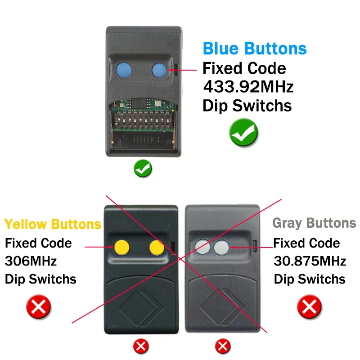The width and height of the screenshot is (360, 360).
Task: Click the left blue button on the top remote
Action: (x=124, y=70)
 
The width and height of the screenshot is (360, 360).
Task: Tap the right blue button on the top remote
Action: (x=159, y=70)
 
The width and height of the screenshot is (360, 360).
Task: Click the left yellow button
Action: (x=121, y=247)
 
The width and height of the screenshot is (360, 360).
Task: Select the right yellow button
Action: (x=157, y=247)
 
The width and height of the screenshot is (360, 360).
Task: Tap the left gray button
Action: (x=202, y=247)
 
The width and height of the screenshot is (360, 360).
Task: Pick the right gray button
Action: (x=221, y=248)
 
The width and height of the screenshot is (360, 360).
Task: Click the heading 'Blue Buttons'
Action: (x=255, y=49)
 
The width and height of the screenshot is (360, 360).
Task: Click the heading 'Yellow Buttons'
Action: (x=53, y=224)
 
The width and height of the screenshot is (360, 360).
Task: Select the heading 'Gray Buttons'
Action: (x=314, y=223)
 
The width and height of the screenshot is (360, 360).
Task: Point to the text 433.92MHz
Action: (x=248, y=87)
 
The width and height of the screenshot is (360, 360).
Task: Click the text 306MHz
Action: (x=31, y=261)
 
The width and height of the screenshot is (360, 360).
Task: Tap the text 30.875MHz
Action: (x=310, y=261)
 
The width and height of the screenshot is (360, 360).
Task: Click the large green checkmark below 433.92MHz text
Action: (x=243, y=132)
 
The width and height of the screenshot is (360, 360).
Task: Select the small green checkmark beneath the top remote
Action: (x=143, y=168)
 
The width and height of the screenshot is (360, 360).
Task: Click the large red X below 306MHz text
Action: (x=39, y=307)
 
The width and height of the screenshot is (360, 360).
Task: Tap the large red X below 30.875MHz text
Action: (x=310, y=307)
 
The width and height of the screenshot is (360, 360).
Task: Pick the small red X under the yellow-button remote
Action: (x=141, y=346)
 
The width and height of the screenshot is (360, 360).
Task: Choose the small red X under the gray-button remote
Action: (x=222, y=346)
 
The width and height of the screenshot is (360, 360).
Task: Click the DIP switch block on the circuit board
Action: (x=143, y=121)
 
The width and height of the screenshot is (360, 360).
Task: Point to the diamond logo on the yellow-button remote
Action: (x=141, y=308)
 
